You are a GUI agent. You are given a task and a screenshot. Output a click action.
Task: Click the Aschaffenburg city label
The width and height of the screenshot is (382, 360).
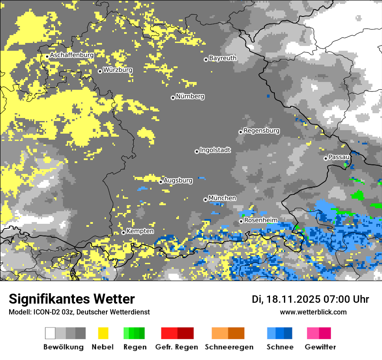pos(72,55)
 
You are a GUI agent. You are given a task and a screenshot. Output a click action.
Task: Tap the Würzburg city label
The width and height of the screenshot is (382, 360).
pos(118,70)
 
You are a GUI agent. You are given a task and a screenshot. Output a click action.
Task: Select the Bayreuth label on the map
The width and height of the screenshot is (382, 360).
pos(223,58)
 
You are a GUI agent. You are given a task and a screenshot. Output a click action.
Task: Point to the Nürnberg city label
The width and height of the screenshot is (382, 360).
pos(190,96)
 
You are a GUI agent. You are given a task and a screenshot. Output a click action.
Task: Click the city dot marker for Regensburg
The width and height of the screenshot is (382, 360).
pos(240,132)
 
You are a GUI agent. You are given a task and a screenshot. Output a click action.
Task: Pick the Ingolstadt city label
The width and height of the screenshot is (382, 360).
pos(215,150)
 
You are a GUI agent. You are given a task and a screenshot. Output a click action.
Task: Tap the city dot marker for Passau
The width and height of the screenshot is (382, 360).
pos(326,158)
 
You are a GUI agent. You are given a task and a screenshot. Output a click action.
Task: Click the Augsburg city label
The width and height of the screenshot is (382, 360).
pos(178,180)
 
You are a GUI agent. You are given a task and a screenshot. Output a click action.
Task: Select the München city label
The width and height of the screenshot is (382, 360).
pos(222,198)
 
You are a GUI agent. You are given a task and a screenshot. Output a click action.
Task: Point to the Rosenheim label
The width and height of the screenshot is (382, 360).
pos(261,220)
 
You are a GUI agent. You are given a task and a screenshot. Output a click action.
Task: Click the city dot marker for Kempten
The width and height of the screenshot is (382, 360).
pos(123,232)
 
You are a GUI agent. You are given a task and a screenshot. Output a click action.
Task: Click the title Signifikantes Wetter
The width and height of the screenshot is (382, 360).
pos(72,299)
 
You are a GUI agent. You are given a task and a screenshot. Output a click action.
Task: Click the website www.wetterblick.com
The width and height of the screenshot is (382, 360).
pos(313,312)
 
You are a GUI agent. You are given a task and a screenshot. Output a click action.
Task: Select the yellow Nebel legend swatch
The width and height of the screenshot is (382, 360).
pos(103,333)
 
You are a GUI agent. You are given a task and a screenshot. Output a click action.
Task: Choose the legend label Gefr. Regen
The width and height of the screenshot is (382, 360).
pos(177,347)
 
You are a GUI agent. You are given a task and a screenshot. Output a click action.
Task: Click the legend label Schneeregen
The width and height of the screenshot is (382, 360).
pos(229,347)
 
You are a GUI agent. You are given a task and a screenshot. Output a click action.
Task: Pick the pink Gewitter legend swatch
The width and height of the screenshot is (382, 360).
pos(313,333)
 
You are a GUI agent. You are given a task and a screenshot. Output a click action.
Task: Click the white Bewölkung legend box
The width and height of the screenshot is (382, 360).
pos(50,333)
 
